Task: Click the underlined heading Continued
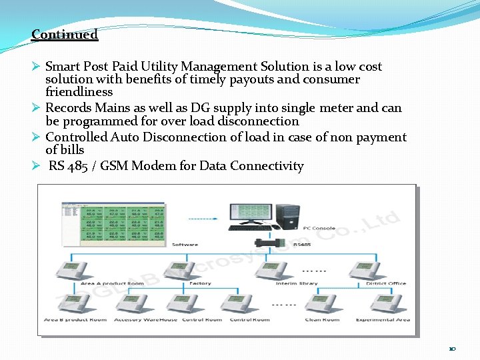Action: tap(65, 35)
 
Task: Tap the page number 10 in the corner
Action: tap(452, 349)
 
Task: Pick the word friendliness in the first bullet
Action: tap(79, 92)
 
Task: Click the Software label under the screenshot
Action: tap(185, 245)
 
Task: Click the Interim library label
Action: tap(297, 283)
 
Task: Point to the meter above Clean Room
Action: tap(322, 303)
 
